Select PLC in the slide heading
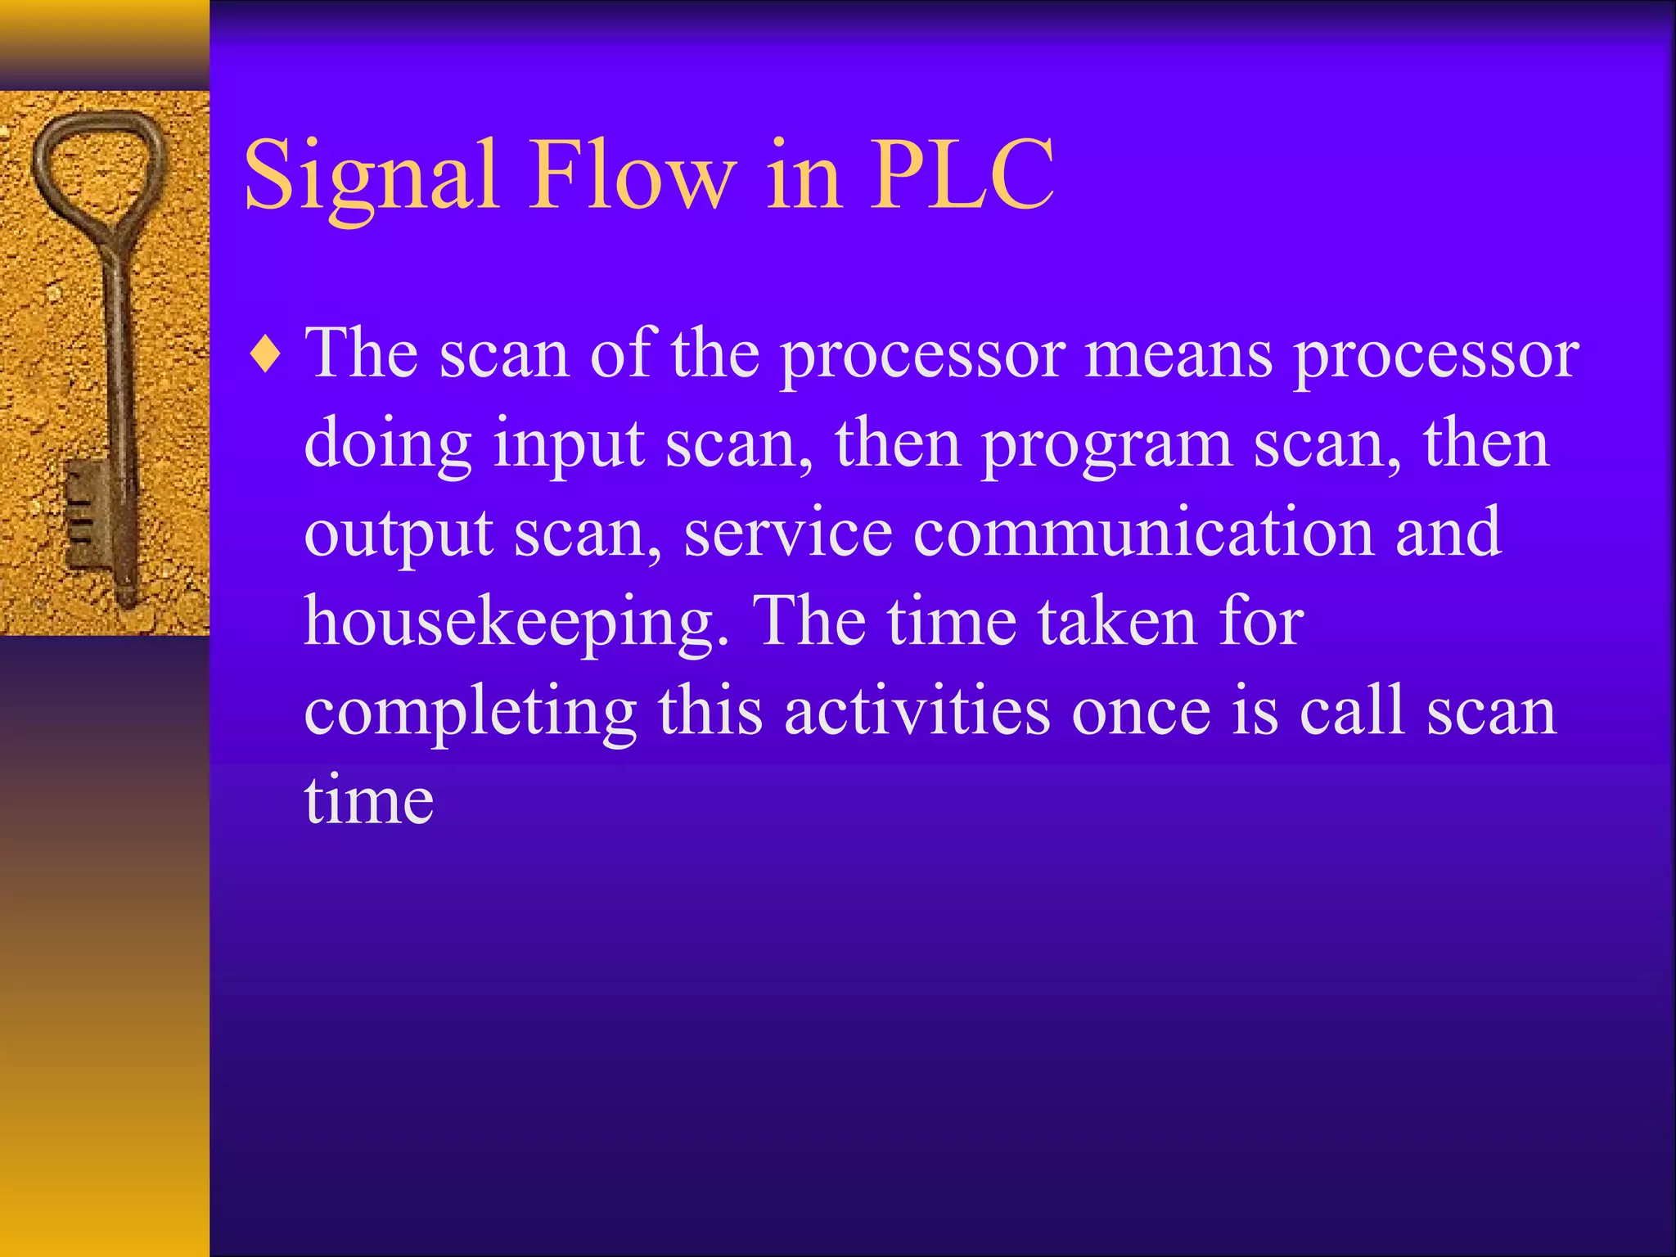point(961,176)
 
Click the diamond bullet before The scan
point(266,357)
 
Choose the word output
point(398,535)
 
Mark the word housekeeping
point(516,624)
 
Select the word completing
point(470,713)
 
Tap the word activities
point(917,711)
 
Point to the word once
point(1141,713)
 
